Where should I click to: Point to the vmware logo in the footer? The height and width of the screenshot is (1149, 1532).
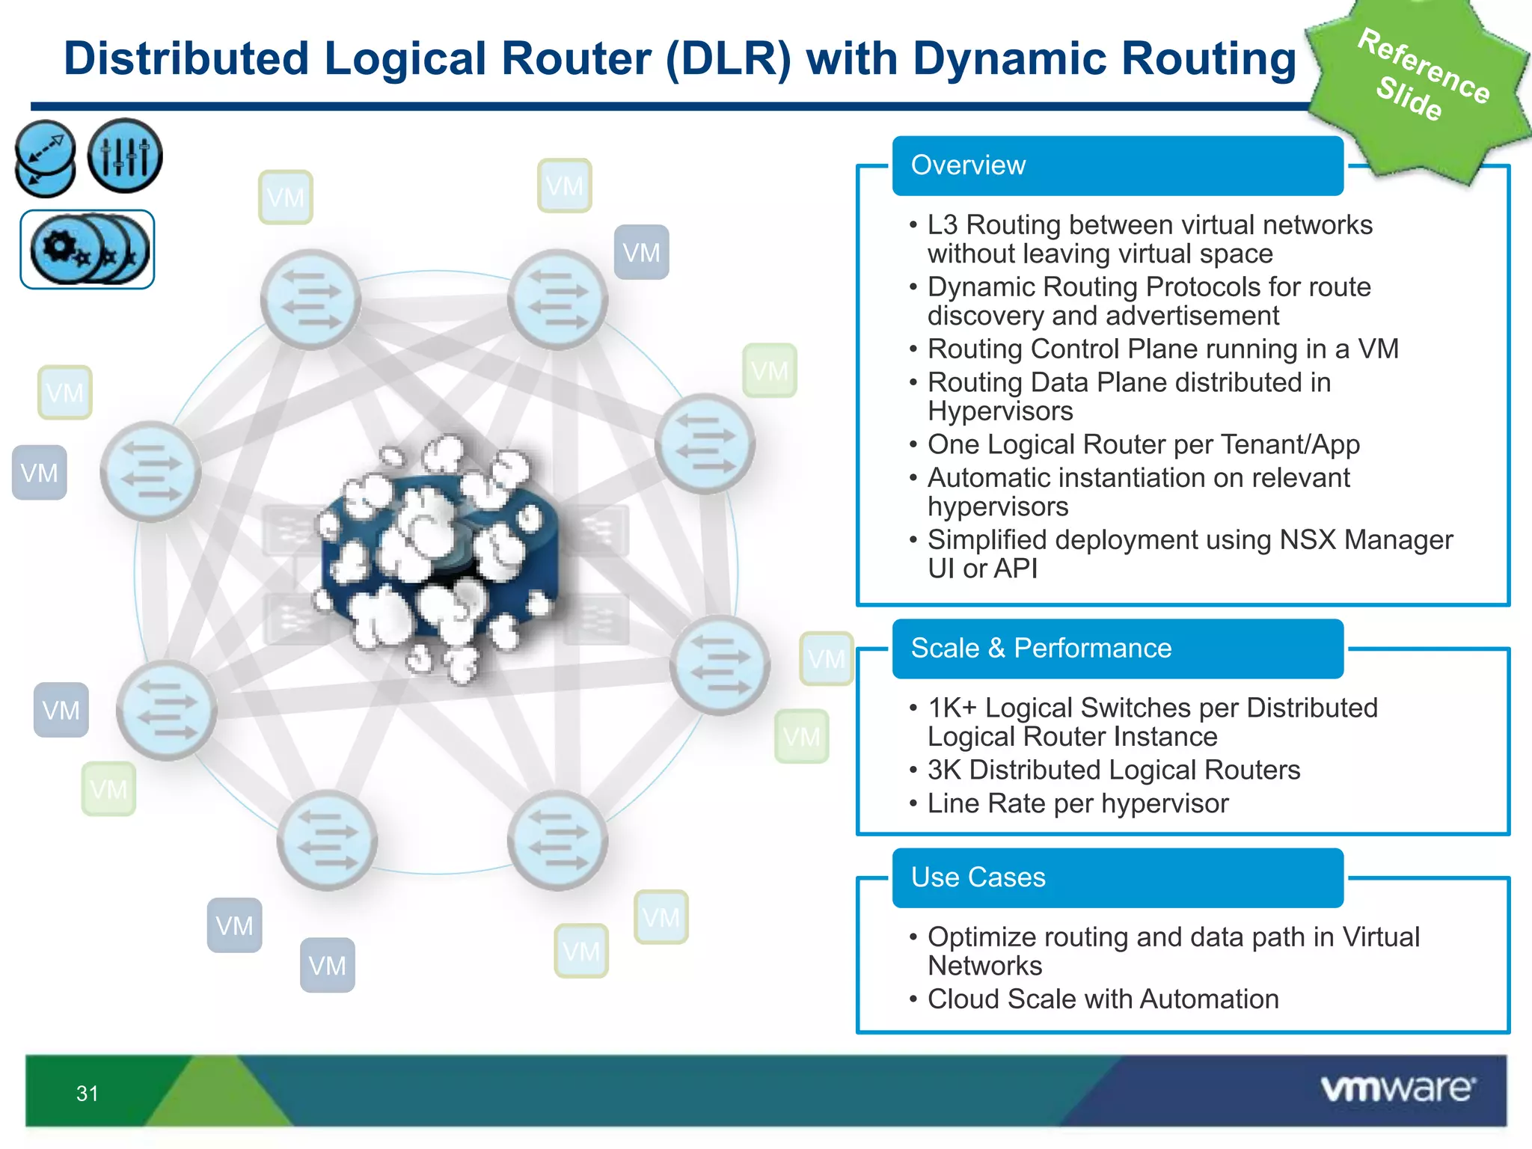pos(1397,1089)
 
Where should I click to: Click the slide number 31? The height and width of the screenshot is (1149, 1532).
pos(88,1094)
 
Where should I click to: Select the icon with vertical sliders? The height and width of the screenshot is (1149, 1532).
pos(124,156)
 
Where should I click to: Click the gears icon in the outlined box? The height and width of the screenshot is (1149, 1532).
pos(88,249)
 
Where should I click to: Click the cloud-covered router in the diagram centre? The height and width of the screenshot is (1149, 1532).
pos(438,557)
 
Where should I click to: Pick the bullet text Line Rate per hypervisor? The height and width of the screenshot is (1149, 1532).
pos(1077,803)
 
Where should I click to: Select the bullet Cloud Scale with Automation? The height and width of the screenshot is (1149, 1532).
pos(1103,999)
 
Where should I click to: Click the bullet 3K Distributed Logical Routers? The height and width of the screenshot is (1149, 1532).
pos(1113,770)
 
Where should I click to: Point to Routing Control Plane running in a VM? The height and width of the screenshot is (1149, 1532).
pos(1162,349)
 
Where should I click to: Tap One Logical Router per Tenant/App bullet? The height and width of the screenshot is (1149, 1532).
pos(1143,444)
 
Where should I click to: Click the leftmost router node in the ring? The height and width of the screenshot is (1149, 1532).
pos(150,471)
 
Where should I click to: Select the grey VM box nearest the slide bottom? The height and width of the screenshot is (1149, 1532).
pos(327,965)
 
